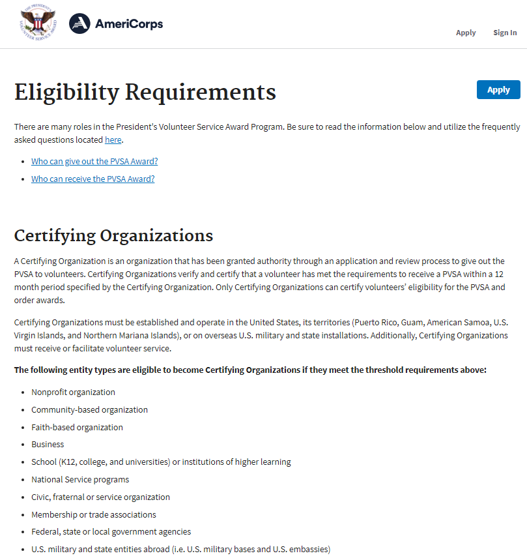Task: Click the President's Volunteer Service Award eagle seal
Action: (x=38, y=24)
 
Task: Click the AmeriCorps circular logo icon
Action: (x=79, y=24)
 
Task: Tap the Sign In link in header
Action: (x=505, y=33)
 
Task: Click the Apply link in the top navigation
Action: (x=466, y=33)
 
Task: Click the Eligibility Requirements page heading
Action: (x=145, y=92)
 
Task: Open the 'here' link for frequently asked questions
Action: (x=113, y=140)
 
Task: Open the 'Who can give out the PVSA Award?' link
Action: (x=94, y=161)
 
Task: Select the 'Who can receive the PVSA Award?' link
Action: (x=93, y=179)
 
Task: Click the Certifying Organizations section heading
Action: (x=113, y=235)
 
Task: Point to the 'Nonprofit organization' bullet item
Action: (x=73, y=392)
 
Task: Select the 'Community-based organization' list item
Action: (x=89, y=410)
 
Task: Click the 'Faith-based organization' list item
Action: (x=77, y=428)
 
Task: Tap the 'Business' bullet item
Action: (x=48, y=445)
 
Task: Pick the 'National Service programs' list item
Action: (x=80, y=480)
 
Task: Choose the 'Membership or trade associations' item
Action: (x=94, y=515)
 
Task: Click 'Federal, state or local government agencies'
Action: (x=111, y=532)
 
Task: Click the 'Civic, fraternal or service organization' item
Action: (x=100, y=497)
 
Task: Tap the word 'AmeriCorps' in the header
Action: (x=129, y=24)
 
